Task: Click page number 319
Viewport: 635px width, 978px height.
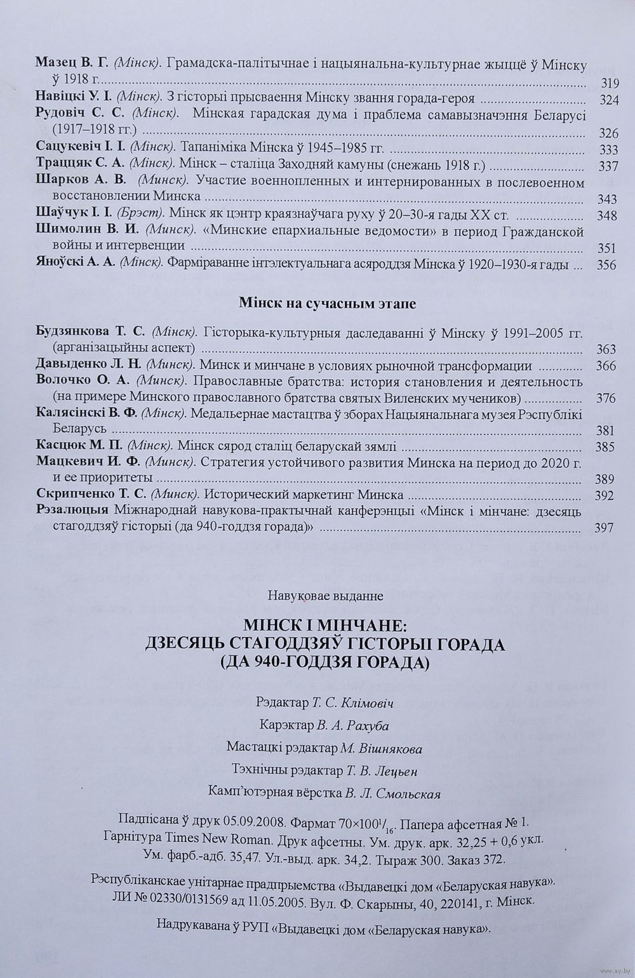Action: pos(608,83)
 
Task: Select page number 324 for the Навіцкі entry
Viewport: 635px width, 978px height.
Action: pos(608,100)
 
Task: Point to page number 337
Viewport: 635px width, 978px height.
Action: pos(608,166)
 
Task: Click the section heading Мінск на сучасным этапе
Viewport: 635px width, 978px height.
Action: pos(327,304)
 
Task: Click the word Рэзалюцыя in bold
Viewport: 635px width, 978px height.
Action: pos(74,511)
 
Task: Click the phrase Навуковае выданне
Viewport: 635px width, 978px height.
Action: pos(326,596)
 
